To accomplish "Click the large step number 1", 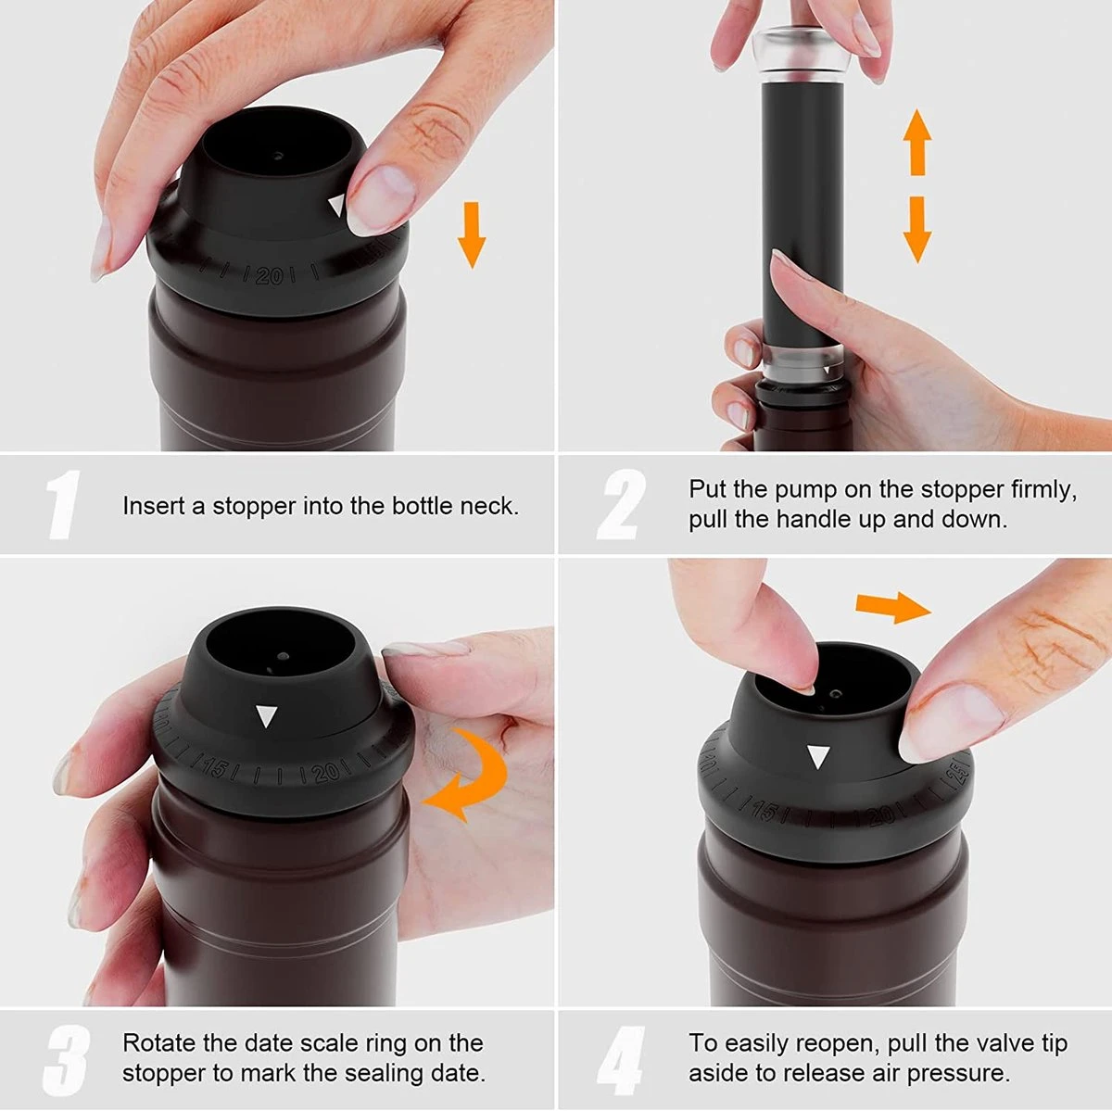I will click(x=63, y=505).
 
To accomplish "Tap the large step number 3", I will click(x=65, y=1059).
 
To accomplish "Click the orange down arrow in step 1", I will click(x=472, y=235).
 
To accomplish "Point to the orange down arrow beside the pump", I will click(x=917, y=229).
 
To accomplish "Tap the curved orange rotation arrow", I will click(x=468, y=775).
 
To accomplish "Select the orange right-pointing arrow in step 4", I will click(x=891, y=608).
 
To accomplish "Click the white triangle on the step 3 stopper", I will click(x=267, y=716).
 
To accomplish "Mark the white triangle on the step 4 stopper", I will click(x=817, y=757).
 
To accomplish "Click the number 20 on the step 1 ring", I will click(x=270, y=275).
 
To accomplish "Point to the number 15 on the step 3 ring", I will click(x=215, y=767).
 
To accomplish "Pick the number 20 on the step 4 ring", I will click(x=882, y=815).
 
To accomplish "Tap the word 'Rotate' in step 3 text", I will click(x=159, y=1043).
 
